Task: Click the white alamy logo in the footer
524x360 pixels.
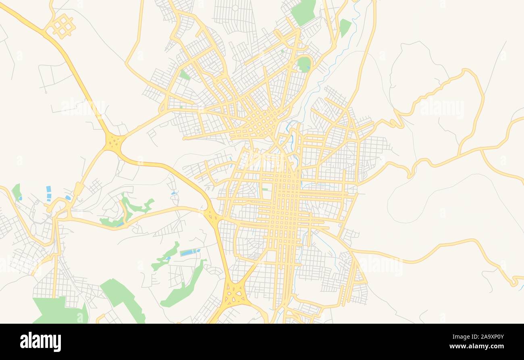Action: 40,342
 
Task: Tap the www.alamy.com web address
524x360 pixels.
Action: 475,347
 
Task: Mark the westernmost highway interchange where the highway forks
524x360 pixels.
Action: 115,142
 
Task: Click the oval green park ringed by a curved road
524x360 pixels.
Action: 304,64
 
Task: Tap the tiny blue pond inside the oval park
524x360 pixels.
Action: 308,68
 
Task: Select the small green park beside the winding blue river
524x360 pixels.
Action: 345,27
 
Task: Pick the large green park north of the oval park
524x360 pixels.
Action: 304,11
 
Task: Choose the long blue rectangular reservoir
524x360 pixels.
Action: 189,252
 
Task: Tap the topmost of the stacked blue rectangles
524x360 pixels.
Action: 48,189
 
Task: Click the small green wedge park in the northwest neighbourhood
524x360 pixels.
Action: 184,75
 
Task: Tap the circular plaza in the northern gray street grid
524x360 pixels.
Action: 235,8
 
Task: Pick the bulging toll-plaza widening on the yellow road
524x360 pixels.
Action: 79,188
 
